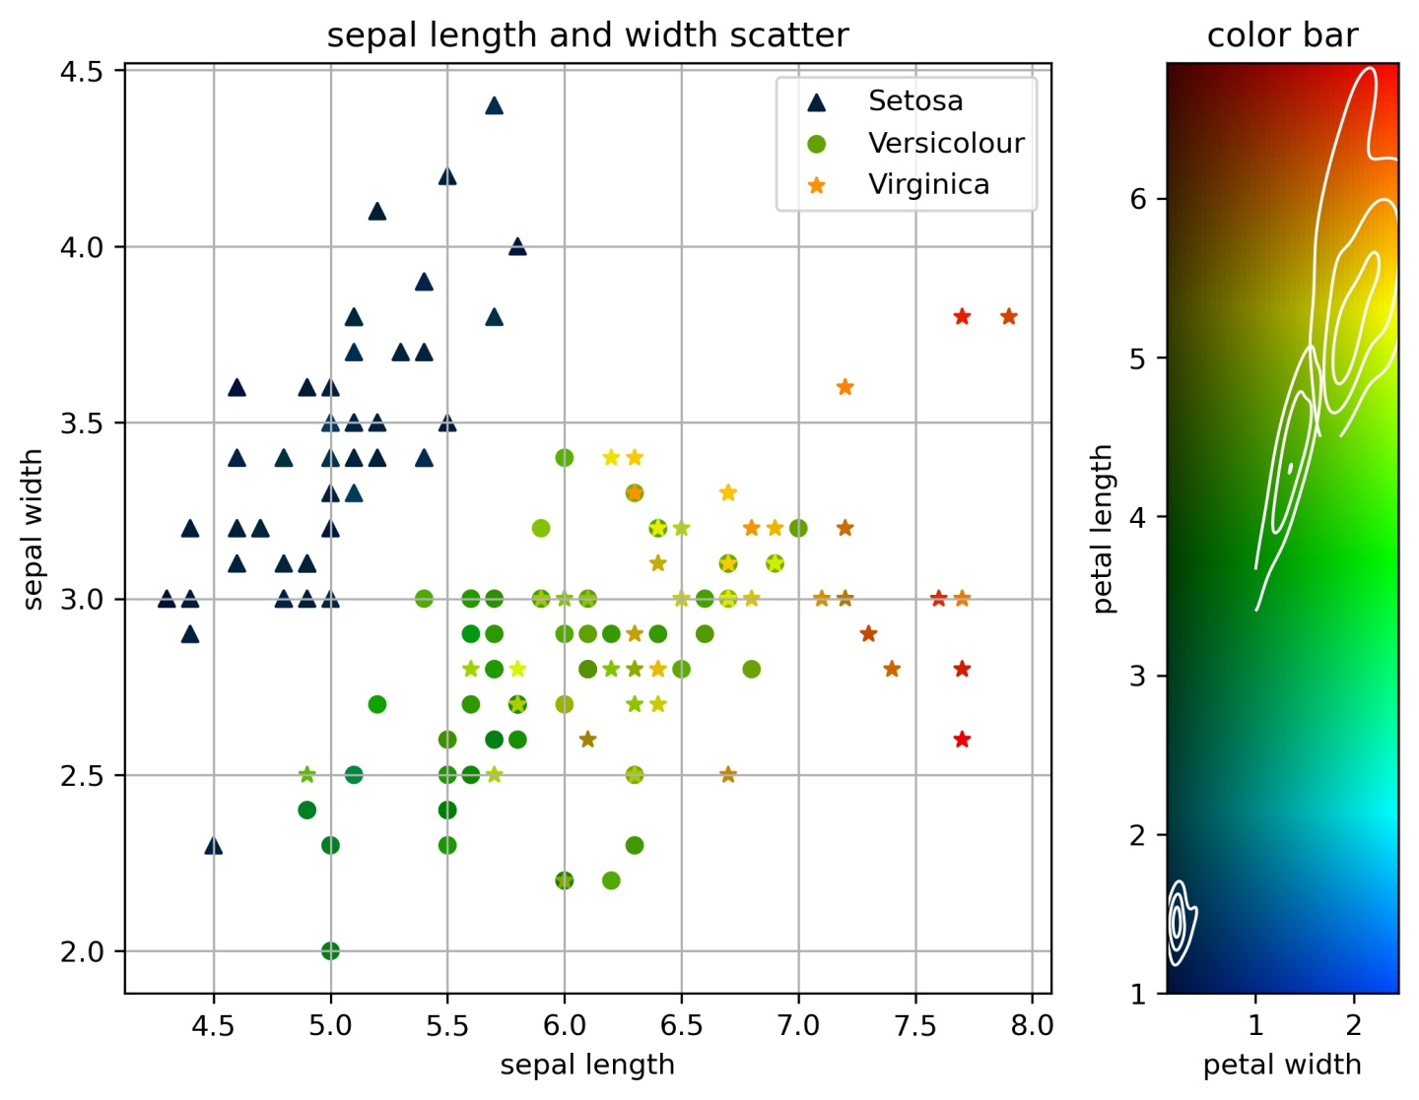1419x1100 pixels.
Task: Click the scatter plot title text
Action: click(587, 35)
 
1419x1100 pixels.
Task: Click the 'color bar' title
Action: click(1282, 35)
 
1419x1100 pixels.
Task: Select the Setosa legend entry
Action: click(914, 100)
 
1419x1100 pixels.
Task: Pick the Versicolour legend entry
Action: click(945, 143)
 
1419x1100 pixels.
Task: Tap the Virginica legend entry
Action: click(927, 184)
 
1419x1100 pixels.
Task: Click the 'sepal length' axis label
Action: click(587, 1065)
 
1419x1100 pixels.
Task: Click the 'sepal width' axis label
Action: click(34, 529)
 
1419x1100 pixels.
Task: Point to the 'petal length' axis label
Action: click(1102, 529)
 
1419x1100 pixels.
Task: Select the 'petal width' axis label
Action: click(1282, 1065)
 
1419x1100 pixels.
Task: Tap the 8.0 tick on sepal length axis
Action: click(1032, 1026)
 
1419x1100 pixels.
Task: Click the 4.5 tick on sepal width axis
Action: click(82, 72)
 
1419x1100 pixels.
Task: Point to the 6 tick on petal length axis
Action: click(1138, 199)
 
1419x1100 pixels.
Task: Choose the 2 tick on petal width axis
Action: click(1354, 1026)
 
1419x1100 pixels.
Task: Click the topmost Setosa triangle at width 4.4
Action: click(495, 105)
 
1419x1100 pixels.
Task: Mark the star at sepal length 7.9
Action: click(1008, 317)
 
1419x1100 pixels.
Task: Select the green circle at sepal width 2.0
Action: click(330, 951)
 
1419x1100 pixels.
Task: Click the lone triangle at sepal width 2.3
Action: click(213, 846)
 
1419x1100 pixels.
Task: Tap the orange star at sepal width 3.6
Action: click(845, 387)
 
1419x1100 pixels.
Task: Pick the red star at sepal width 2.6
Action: click(962, 740)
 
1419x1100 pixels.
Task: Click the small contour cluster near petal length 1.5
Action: click(1179, 922)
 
